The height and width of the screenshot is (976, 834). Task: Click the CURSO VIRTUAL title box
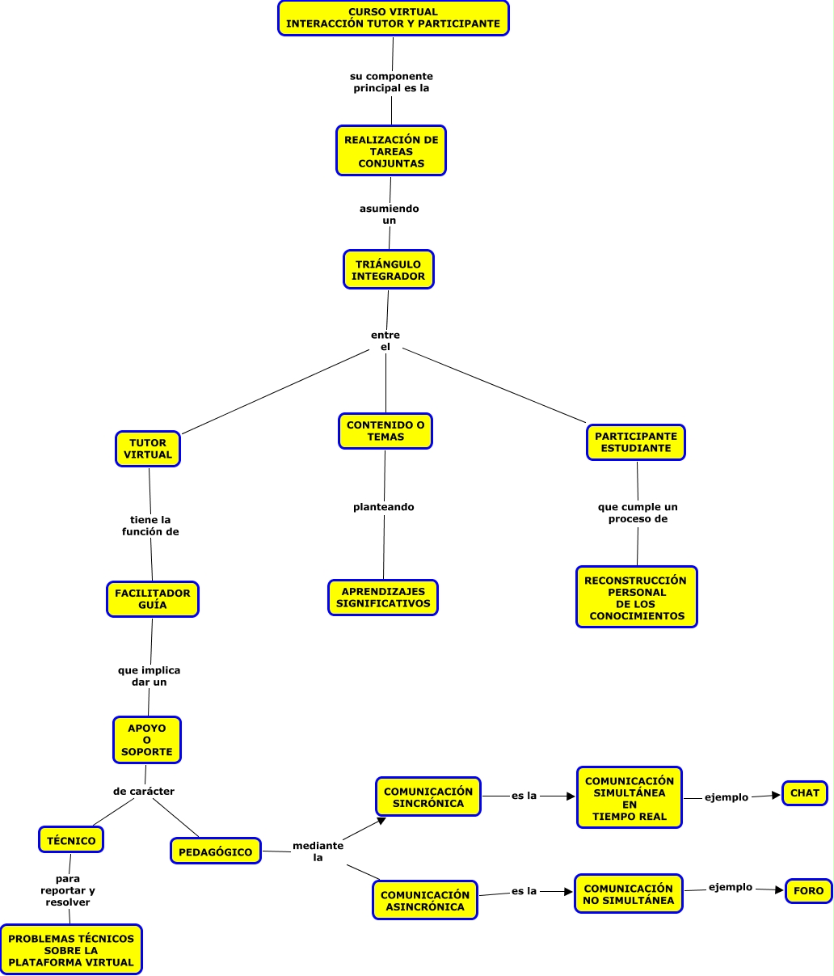tap(393, 18)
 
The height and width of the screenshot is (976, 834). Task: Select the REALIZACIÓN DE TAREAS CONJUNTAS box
tap(391, 151)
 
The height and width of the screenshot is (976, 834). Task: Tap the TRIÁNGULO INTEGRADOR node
tap(388, 270)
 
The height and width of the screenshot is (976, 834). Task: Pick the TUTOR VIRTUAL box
tap(148, 449)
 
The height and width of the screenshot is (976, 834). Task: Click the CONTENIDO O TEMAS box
tap(385, 431)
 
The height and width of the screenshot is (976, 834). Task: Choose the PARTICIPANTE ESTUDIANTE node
tap(636, 442)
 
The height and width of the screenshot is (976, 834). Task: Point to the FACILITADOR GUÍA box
tap(152, 599)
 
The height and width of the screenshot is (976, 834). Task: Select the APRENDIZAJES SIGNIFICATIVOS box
tap(383, 598)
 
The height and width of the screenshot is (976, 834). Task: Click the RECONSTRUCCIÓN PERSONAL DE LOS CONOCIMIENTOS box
tap(637, 598)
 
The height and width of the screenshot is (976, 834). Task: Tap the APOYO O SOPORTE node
tap(147, 740)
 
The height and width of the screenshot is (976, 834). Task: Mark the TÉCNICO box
tap(71, 840)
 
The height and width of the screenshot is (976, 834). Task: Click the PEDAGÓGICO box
tap(216, 851)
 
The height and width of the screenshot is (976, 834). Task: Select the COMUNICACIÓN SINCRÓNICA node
tap(428, 797)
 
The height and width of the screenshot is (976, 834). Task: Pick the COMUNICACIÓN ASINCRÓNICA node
tap(425, 901)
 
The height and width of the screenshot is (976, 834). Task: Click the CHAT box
tap(805, 793)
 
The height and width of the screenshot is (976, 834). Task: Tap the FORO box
tap(809, 891)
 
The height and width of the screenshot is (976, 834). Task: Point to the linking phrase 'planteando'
tap(384, 507)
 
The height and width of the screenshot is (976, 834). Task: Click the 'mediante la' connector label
tap(318, 851)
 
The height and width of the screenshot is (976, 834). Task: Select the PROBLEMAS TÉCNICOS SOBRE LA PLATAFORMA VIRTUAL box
tap(71, 950)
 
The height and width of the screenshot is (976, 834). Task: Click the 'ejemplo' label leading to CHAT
tap(727, 797)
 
